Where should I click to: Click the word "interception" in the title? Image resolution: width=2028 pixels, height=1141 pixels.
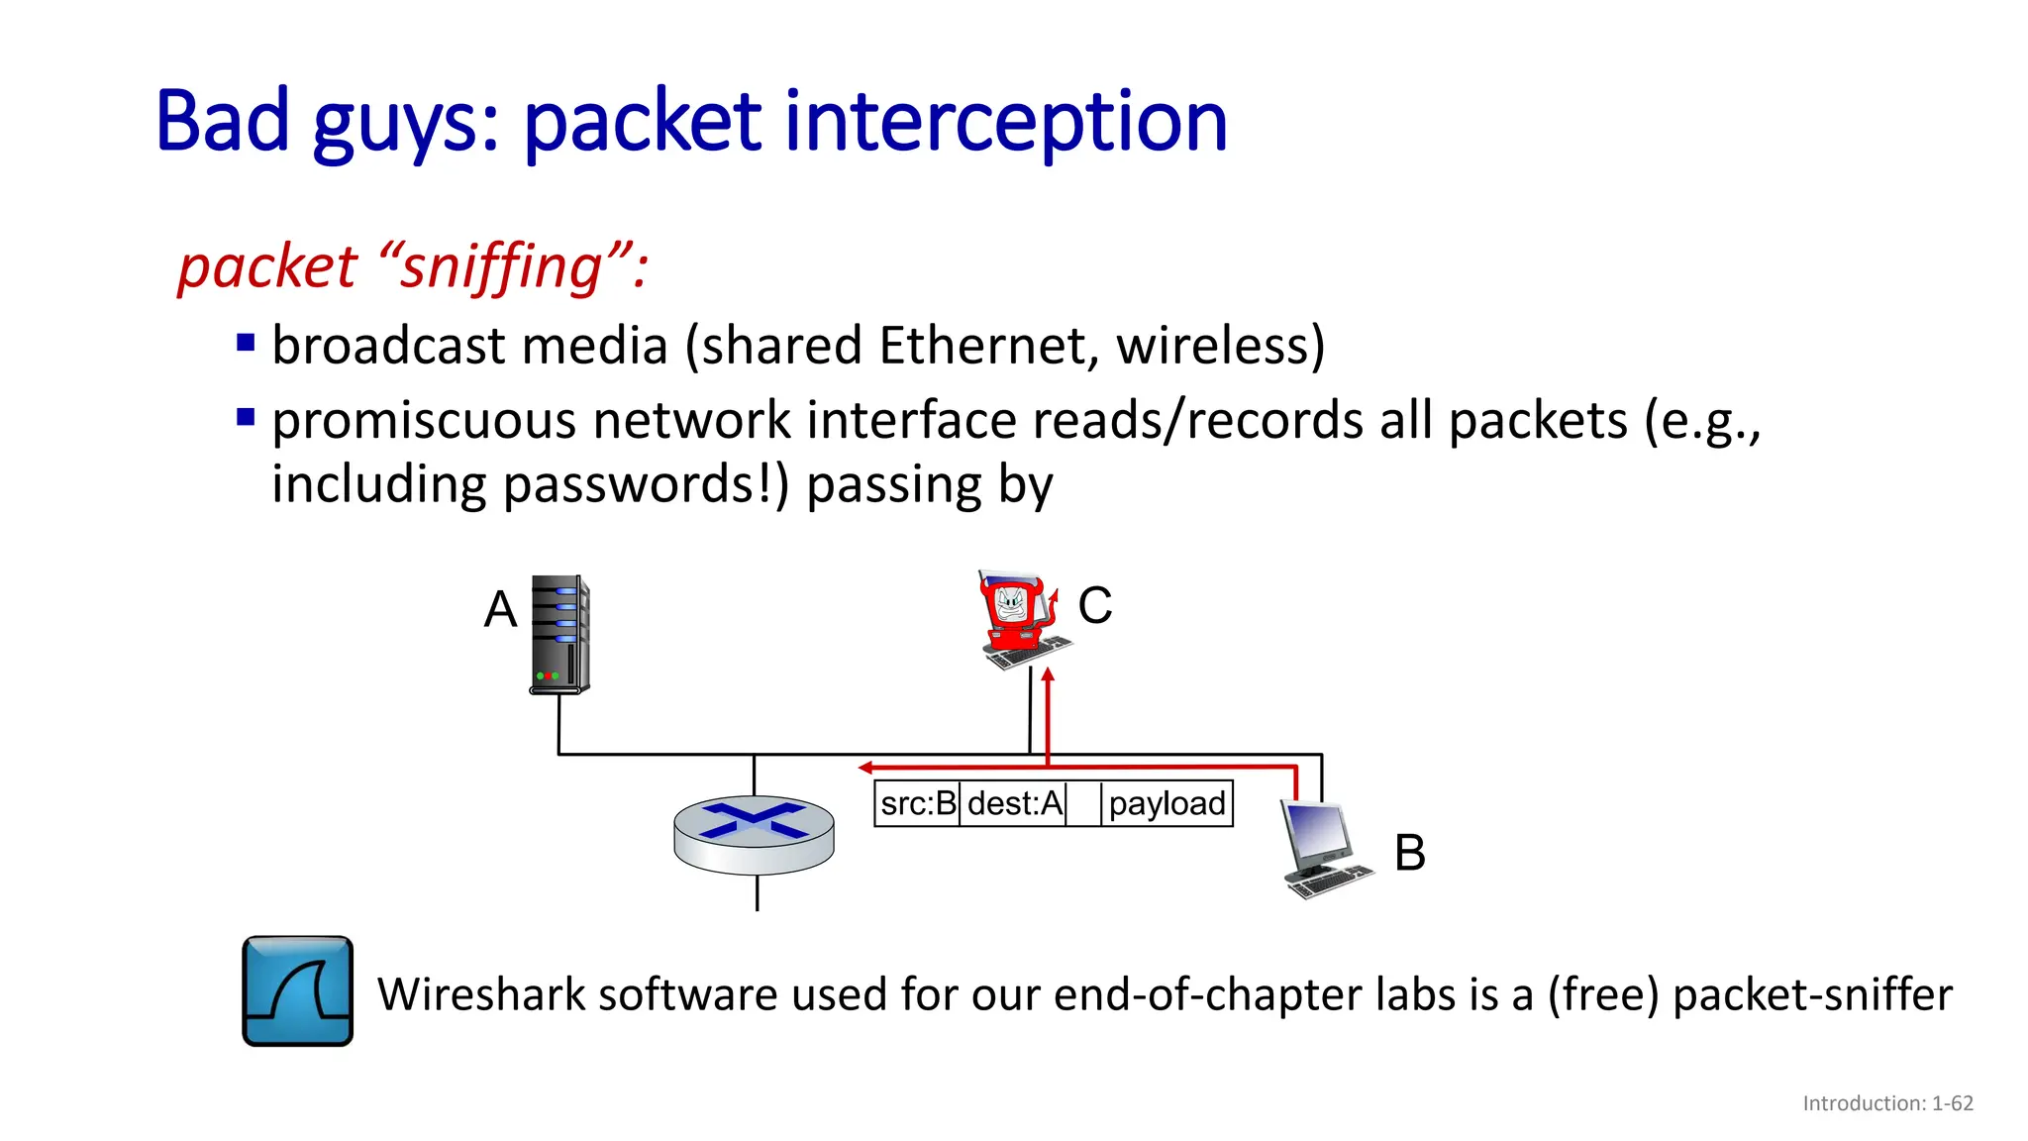pyautogui.click(x=1005, y=122)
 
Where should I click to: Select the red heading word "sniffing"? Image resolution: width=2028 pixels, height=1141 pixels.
pyautogui.click(x=501, y=267)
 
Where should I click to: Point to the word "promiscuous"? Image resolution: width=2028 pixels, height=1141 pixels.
pyautogui.click(x=424, y=420)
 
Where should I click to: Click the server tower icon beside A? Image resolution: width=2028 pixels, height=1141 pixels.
pyautogui.click(x=559, y=634)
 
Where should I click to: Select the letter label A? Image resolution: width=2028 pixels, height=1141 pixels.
pyautogui.click(x=500, y=608)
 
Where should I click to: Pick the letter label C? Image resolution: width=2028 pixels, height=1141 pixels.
pyautogui.click(x=1094, y=605)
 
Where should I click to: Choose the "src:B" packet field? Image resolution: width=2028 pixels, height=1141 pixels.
pyautogui.click(x=918, y=803)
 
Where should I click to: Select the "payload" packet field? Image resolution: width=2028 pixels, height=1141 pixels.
pyautogui.click(x=1166, y=803)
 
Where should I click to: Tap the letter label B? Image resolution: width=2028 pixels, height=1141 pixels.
pyautogui.click(x=1409, y=853)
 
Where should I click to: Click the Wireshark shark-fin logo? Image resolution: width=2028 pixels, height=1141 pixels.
pyautogui.click(x=298, y=990)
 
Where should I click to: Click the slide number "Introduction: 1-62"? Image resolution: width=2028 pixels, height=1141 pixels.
pyautogui.click(x=1887, y=1103)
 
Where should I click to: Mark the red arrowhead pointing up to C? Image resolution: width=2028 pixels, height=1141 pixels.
pyautogui.click(x=1048, y=675)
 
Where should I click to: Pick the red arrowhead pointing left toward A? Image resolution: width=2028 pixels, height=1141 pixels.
pyautogui.click(x=865, y=768)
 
